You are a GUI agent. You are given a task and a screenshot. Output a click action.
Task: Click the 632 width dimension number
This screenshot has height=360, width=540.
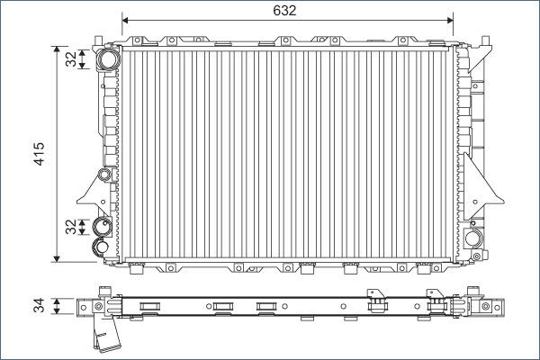coord(284,11)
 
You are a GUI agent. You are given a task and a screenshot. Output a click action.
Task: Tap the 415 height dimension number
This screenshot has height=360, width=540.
coord(39,154)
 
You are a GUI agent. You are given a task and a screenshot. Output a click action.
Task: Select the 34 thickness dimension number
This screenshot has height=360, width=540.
coord(39,306)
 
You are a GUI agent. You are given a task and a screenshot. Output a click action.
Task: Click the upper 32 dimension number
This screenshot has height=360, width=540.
coord(71,58)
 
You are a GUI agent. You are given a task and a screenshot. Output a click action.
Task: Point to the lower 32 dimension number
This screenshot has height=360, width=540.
coord(71,227)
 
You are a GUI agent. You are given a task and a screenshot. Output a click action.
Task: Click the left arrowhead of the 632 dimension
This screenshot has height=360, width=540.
coord(125,21)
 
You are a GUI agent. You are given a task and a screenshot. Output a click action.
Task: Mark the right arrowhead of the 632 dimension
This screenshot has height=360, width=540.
coord(450,21)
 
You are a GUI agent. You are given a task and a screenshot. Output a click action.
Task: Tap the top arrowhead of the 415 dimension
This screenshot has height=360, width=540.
coord(58,49)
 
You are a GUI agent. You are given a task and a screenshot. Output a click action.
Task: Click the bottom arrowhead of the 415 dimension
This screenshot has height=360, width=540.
coord(58,258)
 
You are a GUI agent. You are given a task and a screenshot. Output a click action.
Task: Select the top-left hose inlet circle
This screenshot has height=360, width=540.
coord(108,58)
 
